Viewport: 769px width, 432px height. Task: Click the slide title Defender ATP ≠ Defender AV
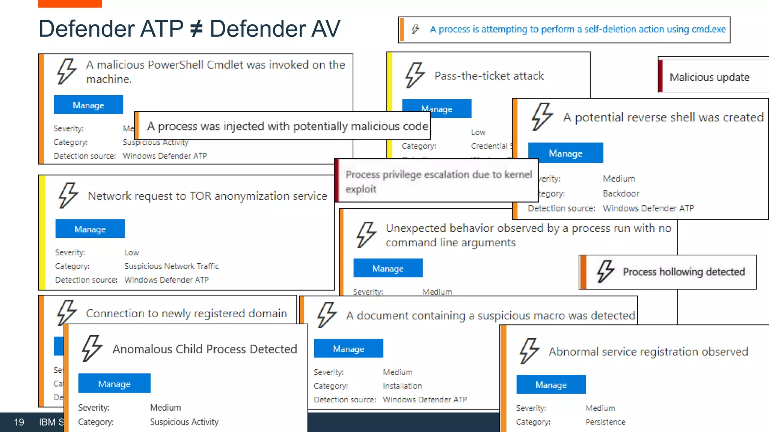click(x=189, y=29)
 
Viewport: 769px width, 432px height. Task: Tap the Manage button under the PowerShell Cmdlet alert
click(x=88, y=105)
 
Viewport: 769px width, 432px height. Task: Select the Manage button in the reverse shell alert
click(x=565, y=153)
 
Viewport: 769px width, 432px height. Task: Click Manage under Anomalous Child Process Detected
click(x=114, y=383)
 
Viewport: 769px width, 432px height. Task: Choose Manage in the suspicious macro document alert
click(x=348, y=349)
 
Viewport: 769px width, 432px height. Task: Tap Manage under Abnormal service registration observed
click(x=551, y=385)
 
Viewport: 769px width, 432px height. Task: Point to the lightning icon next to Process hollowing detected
click(x=605, y=271)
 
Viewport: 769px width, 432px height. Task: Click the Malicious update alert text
click(x=709, y=77)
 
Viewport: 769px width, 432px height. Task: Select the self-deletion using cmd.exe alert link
click(x=578, y=29)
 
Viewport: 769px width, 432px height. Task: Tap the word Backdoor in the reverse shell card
click(x=621, y=193)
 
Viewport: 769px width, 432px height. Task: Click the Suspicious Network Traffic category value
click(x=171, y=266)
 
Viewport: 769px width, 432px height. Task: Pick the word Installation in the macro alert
click(x=402, y=386)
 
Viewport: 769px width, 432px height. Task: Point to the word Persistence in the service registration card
click(x=605, y=422)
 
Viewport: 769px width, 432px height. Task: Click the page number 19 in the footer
click(x=19, y=422)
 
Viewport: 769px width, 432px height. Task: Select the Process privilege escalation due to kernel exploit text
click(x=438, y=181)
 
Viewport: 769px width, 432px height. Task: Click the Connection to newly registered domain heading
click(x=186, y=313)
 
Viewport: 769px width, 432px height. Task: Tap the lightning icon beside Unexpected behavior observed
click(x=366, y=234)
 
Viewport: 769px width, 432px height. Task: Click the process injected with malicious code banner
click(x=287, y=126)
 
